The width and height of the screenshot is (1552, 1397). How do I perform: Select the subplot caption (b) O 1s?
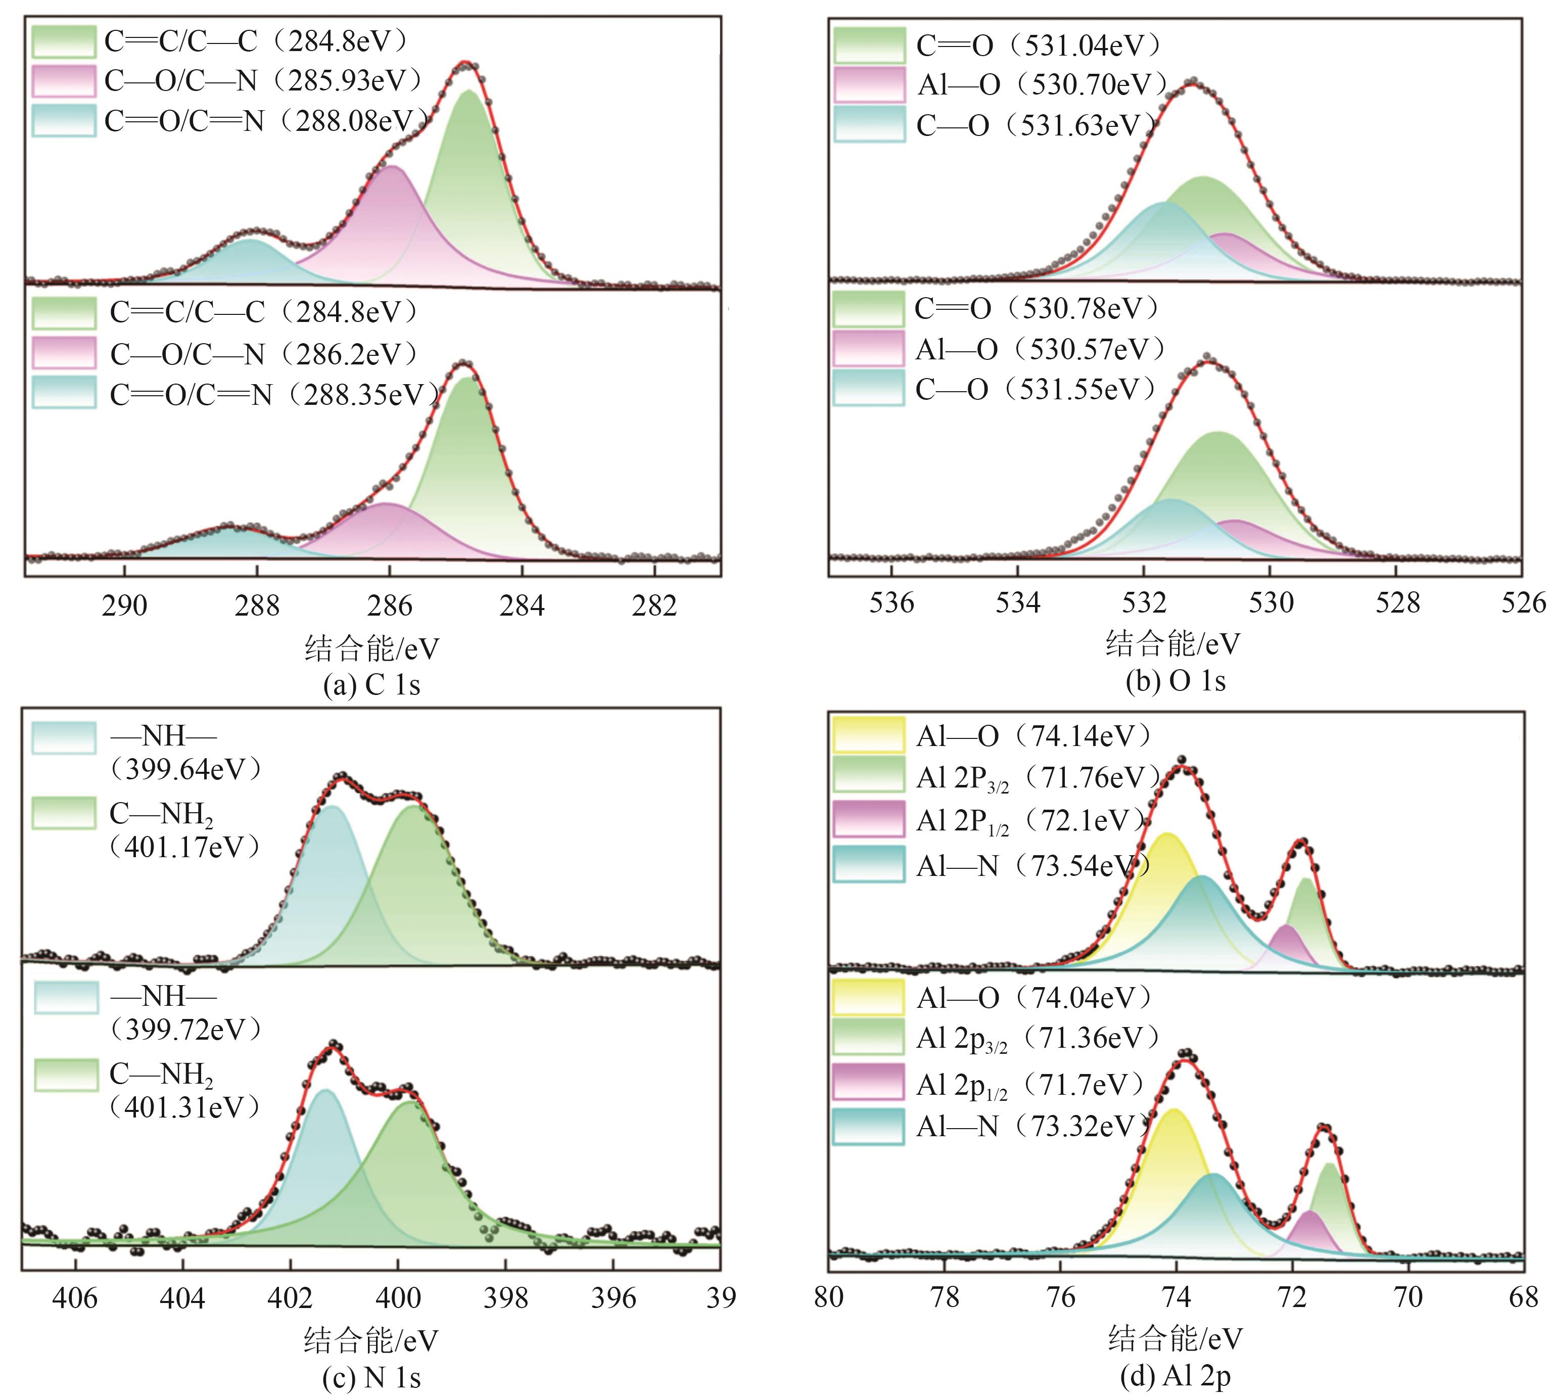tap(1175, 681)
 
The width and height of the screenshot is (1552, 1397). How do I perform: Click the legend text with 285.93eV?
tap(263, 80)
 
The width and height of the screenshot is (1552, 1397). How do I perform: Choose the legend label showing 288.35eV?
tap(274, 395)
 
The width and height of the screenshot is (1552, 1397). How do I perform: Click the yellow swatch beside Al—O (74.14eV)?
tap(869, 734)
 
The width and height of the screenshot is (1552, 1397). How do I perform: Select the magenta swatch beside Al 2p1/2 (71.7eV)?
tap(869, 1082)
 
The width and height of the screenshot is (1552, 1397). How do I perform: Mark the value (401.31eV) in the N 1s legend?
tap(185, 1107)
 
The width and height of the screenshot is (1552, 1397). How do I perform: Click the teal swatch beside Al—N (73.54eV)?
tap(869, 864)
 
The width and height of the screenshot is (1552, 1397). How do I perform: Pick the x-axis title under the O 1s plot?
tap(1173, 643)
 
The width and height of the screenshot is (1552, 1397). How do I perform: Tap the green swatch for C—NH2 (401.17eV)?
tap(65, 813)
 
